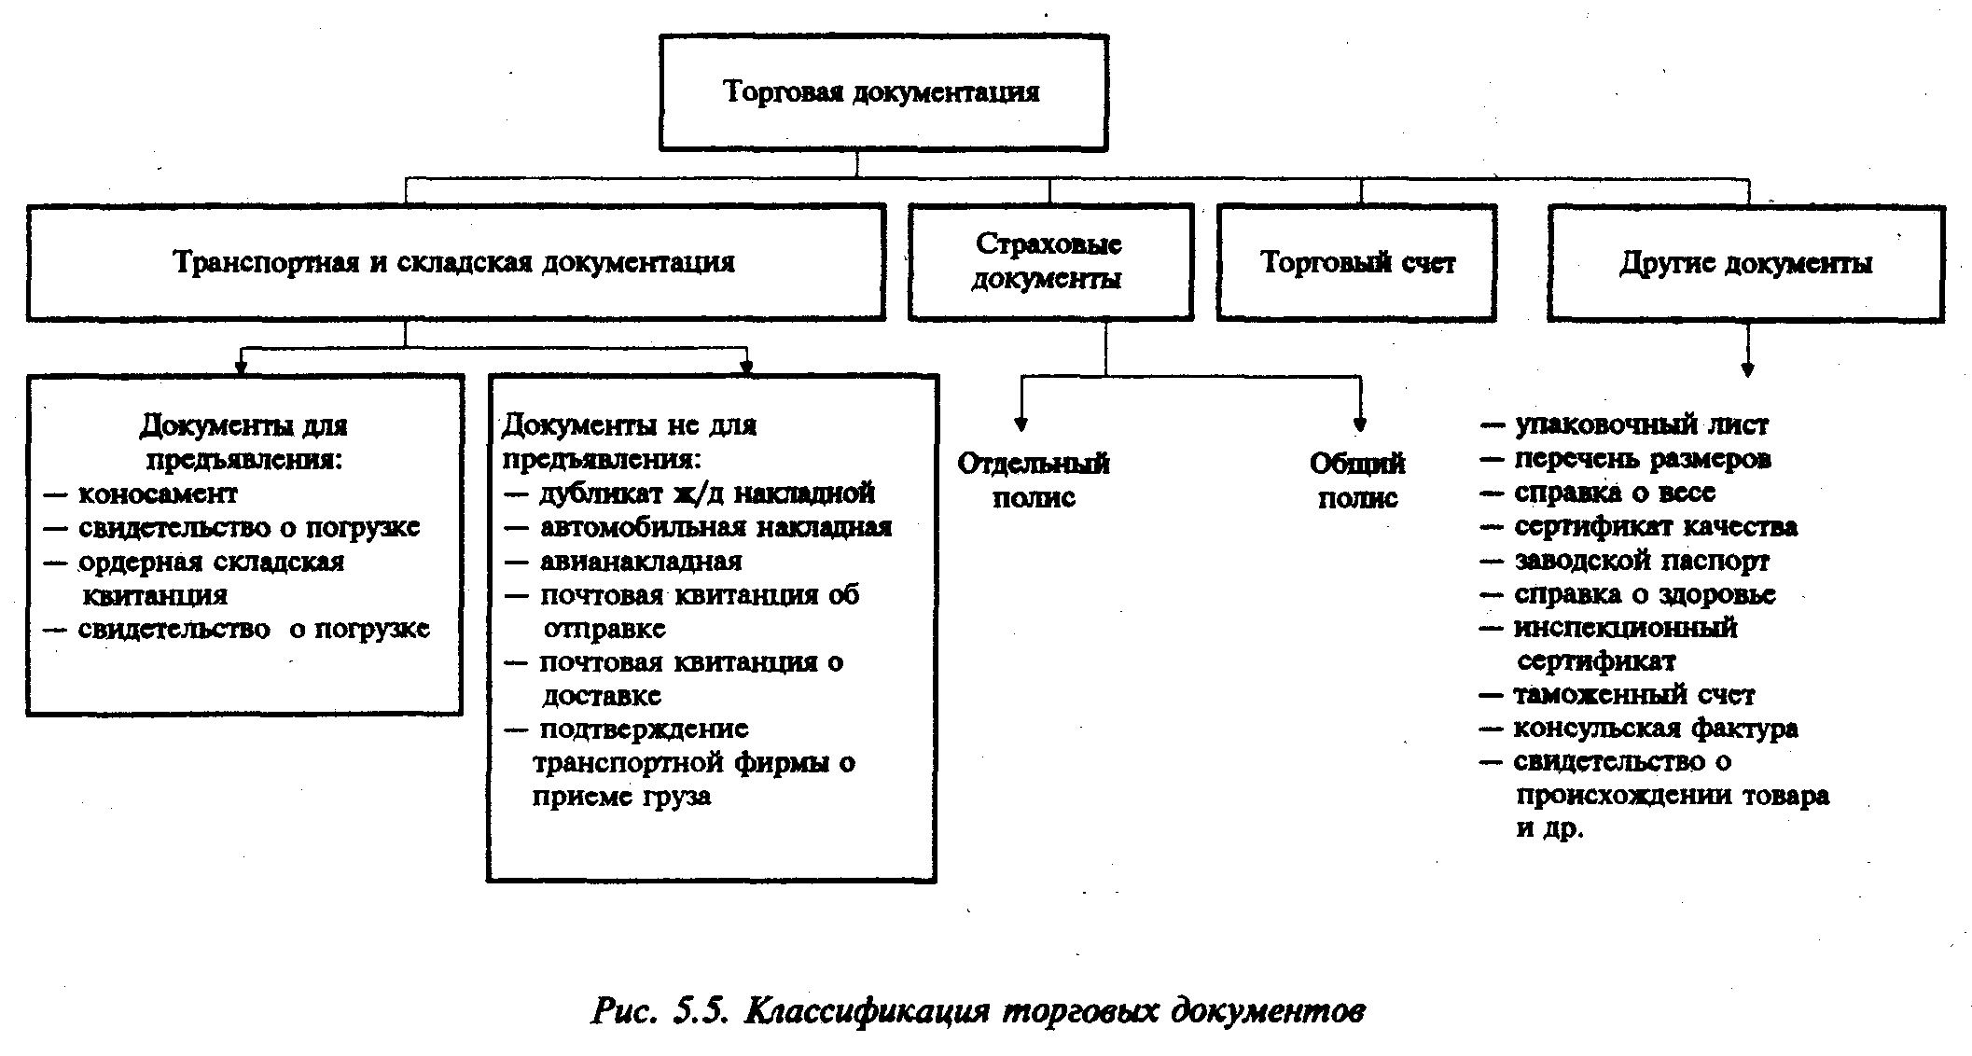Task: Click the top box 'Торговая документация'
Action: (x=882, y=92)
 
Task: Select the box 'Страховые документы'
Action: (x=1049, y=262)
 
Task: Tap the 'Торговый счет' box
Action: (x=1356, y=263)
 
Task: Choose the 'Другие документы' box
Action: (x=1745, y=263)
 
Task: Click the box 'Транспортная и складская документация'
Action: (x=455, y=263)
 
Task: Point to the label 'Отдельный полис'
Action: (x=1034, y=480)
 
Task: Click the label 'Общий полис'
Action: (x=1357, y=480)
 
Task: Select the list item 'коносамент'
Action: (x=158, y=493)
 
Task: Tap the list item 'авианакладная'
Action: (x=641, y=562)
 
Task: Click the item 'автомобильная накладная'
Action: (x=715, y=528)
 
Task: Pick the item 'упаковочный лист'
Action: (x=1641, y=425)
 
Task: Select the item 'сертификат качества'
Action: (x=1655, y=528)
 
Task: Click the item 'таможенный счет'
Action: (x=1633, y=696)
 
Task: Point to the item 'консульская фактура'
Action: (x=1655, y=729)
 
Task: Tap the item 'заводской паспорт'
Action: (x=1641, y=562)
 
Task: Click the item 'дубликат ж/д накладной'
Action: (x=706, y=493)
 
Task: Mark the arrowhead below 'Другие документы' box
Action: (x=1747, y=370)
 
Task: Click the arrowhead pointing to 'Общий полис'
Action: (x=1360, y=425)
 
